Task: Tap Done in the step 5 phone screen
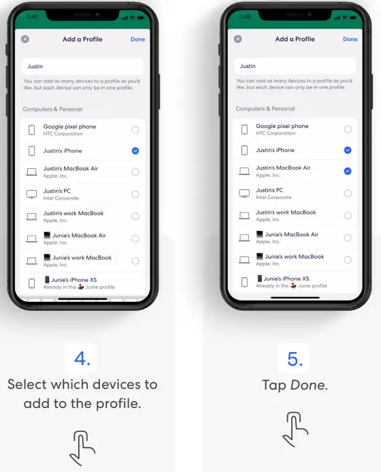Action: click(x=350, y=39)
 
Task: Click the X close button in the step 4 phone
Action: click(x=25, y=40)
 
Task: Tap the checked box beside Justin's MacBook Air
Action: click(x=348, y=171)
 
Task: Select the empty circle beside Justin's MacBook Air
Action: click(x=135, y=172)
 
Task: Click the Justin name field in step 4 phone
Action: click(x=82, y=67)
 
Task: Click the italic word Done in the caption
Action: click(x=308, y=385)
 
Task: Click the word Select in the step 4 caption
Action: click(x=29, y=384)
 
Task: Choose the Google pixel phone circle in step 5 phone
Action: click(x=348, y=129)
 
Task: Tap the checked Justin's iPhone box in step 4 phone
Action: click(x=135, y=151)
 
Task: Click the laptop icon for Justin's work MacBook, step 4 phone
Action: click(x=31, y=217)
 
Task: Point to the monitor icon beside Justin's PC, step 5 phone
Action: click(x=244, y=193)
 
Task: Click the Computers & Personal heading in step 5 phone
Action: click(x=265, y=109)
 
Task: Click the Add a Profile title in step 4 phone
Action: click(x=82, y=40)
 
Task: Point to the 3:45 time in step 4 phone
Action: click(x=32, y=16)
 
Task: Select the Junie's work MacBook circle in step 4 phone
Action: click(x=135, y=261)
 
